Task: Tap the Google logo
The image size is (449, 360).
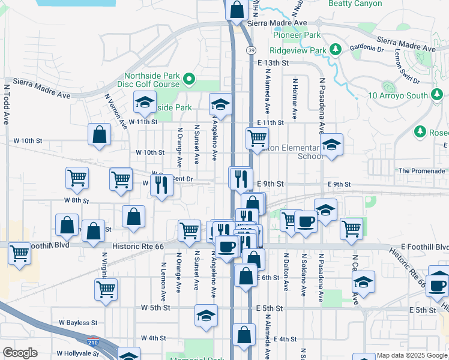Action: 20,353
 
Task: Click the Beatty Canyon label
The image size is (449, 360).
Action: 355,4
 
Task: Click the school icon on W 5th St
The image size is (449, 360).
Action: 205,316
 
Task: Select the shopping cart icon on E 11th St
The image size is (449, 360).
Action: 257,137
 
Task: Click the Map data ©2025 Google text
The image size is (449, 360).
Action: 411,355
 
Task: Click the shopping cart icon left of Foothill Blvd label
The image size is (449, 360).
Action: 20,253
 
